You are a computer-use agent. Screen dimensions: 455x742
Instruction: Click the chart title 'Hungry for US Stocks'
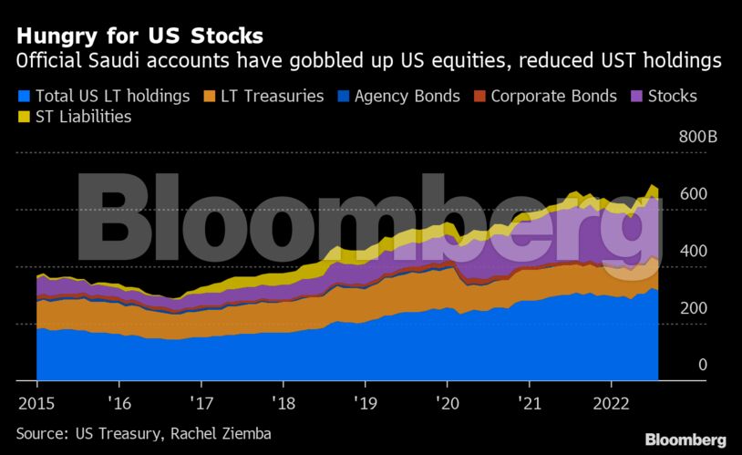pos(139,36)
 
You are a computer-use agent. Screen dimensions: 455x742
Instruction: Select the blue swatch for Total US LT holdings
pos(24,96)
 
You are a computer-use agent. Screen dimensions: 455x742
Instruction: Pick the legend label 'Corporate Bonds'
pos(553,96)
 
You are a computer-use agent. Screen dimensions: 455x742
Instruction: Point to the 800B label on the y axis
pos(698,138)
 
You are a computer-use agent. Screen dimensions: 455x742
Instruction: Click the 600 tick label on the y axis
pos(694,194)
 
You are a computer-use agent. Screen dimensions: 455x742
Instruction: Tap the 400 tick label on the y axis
pos(694,251)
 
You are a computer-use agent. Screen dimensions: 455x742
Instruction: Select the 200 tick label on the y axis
pos(694,308)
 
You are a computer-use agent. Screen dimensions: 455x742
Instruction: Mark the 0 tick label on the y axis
pos(702,365)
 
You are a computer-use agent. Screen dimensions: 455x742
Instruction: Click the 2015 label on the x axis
pos(36,402)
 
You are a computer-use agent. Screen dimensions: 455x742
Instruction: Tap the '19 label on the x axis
pos(365,402)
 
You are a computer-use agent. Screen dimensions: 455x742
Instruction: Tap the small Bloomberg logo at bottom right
pos(685,439)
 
